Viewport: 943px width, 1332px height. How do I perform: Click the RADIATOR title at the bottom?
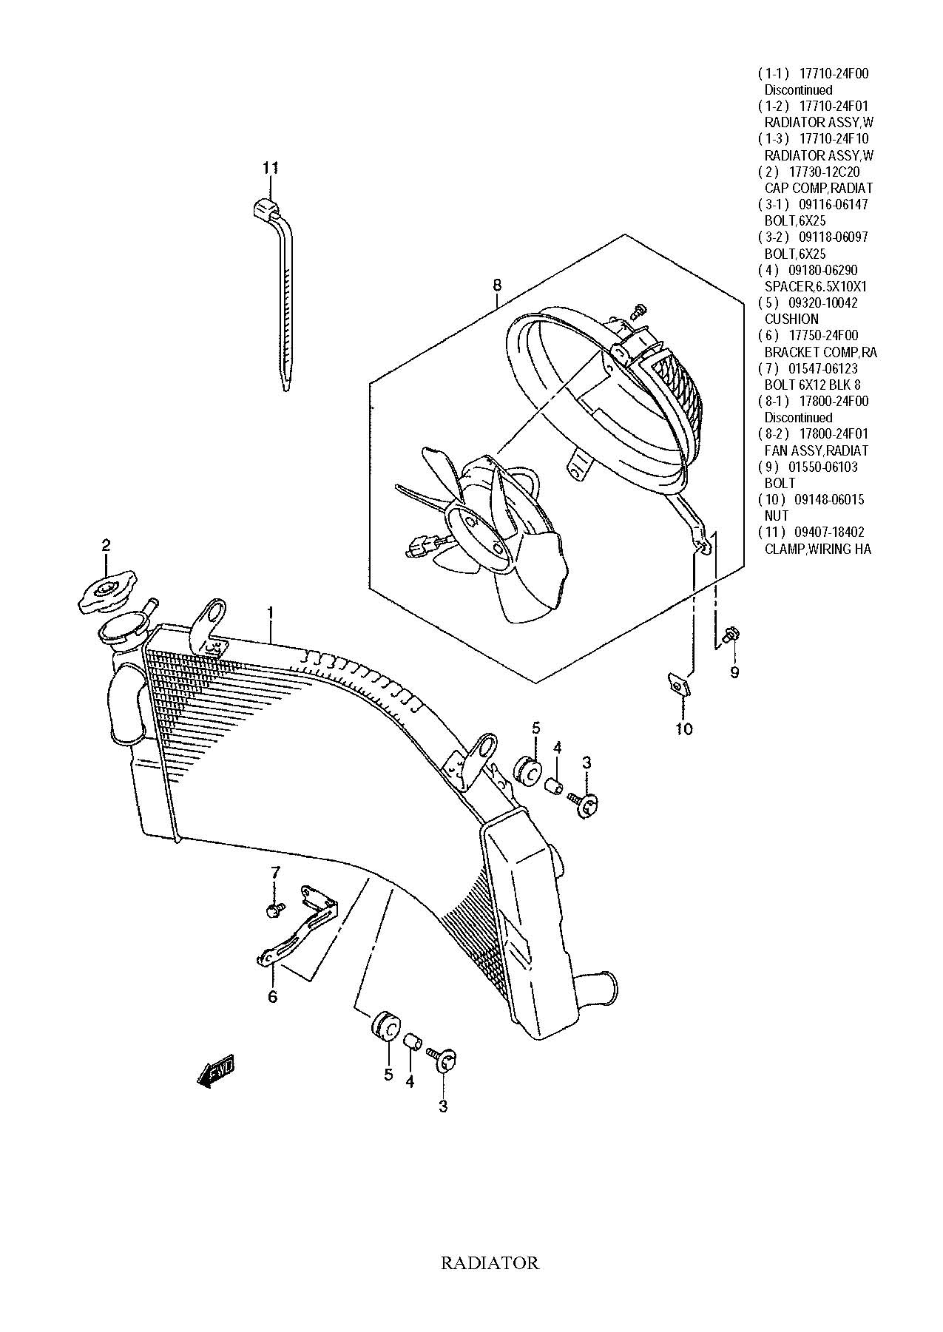point(490,1262)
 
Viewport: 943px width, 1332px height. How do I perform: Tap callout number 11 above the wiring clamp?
point(270,168)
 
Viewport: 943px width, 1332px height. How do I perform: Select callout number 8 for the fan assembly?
point(497,285)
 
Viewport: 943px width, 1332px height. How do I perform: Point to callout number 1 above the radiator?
point(271,613)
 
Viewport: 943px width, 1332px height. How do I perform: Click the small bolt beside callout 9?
point(733,634)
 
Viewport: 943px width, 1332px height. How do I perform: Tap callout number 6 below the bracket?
point(272,997)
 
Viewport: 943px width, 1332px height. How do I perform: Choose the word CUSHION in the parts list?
point(791,319)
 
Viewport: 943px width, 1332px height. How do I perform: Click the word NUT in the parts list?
point(777,515)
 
